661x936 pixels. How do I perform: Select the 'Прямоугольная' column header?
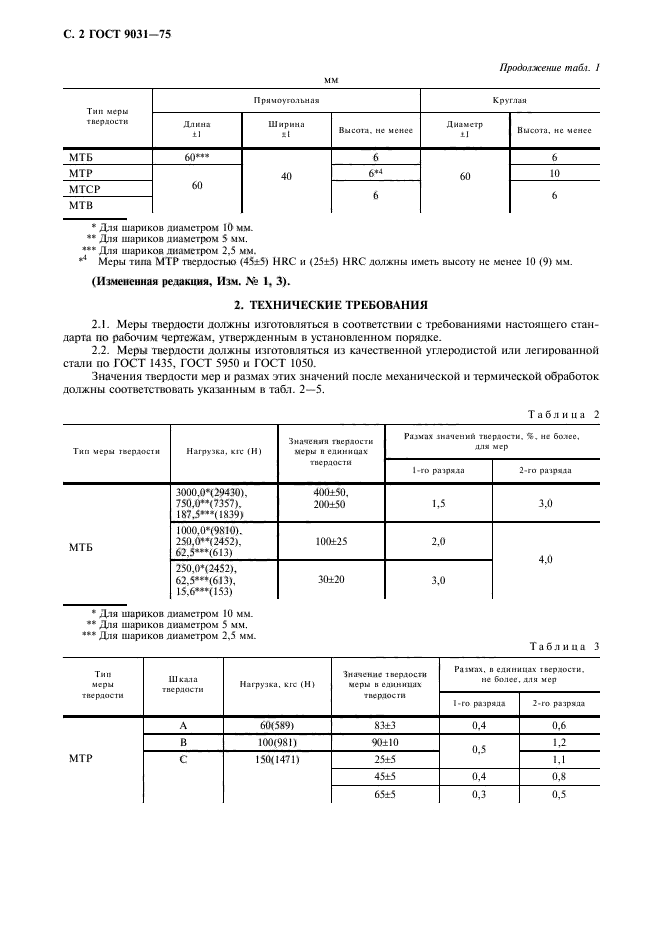click(285, 101)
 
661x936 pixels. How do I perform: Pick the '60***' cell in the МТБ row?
click(196, 158)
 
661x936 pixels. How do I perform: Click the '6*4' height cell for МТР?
click(376, 173)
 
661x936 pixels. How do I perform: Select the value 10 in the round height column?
click(554, 173)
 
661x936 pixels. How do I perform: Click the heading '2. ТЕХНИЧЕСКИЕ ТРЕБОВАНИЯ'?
click(330, 303)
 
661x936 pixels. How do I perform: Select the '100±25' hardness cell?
click(330, 541)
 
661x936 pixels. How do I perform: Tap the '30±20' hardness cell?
click(330, 579)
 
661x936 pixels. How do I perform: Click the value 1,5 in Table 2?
click(438, 504)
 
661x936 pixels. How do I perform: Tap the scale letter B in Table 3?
click(183, 743)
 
